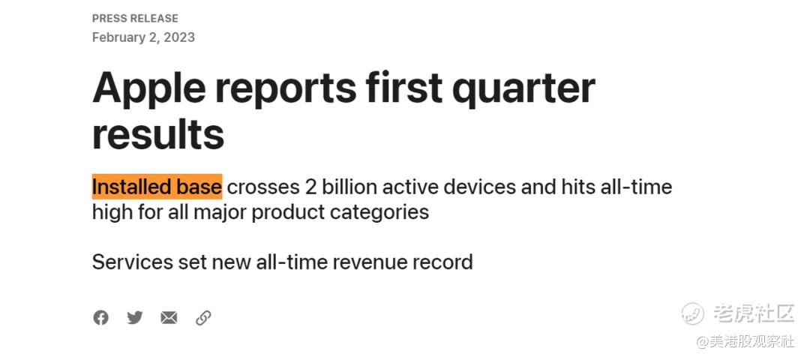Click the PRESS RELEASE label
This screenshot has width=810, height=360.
(135, 19)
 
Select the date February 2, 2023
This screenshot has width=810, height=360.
(143, 37)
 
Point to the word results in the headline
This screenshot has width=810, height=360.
(158, 133)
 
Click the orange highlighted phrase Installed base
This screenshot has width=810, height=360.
(157, 187)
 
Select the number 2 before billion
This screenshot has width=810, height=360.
(310, 187)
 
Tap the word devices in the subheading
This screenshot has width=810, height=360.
(479, 187)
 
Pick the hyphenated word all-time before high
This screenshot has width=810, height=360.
(636, 187)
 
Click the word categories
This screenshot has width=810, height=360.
(381, 212)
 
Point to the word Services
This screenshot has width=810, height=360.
(132, 262)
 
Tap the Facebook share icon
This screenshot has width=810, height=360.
(100, 318)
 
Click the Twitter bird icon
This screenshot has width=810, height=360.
(135, 318)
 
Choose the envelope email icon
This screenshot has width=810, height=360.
(169, 318)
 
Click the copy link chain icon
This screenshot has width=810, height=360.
(203, 318)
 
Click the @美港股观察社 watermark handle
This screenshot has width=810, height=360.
(745, 341)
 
